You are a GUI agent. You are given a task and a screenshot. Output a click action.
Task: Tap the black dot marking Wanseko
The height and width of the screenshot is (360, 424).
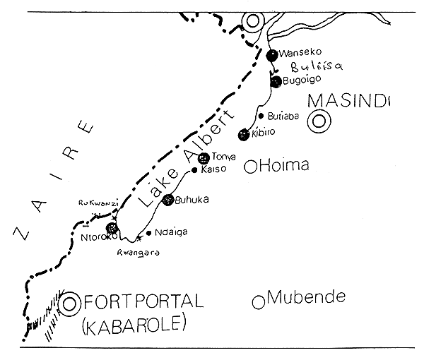click(273, 54)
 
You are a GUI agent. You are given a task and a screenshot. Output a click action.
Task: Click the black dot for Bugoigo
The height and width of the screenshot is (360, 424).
click(276, 83)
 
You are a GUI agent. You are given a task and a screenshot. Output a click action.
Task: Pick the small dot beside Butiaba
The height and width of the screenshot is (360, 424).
click(261, 116)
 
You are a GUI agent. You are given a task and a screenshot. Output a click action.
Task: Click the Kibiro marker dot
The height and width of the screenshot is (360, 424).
click(245, 133)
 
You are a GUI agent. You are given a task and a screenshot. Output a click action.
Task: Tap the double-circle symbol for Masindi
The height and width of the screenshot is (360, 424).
click(319, 121)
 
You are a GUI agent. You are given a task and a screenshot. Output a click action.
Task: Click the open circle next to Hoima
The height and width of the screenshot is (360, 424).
click(249, 167)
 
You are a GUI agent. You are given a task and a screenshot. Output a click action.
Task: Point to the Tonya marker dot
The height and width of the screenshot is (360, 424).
click(204, 157)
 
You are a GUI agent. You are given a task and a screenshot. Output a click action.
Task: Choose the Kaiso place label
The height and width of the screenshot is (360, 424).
click(213, 170)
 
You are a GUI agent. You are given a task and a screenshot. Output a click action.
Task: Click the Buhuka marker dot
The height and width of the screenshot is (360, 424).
click(168, 200)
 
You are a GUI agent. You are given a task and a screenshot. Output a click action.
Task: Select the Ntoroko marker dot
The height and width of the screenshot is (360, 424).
click(111, 228)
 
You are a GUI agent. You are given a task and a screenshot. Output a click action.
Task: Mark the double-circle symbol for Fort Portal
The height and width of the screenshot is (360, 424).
click(69, 305)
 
